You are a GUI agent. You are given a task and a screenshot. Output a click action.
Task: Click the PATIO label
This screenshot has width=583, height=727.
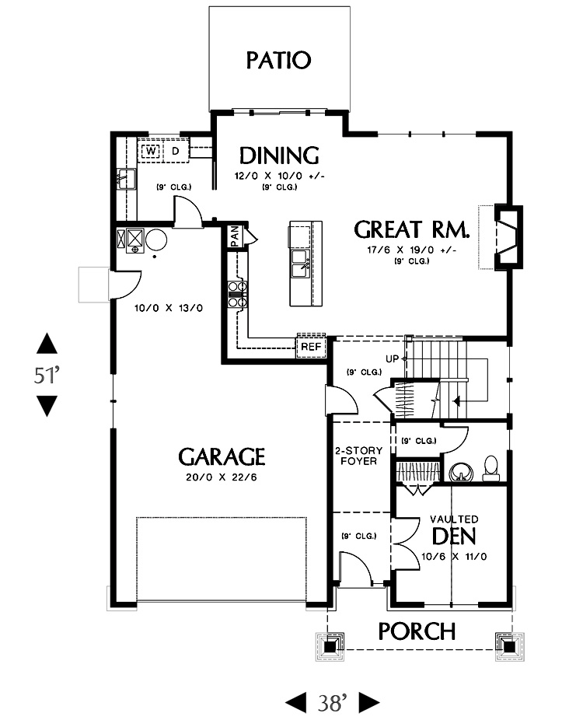point(278,61)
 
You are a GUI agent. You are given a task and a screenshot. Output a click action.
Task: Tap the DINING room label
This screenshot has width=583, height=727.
point(279,156)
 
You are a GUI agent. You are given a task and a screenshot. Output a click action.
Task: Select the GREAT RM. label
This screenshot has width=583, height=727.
point(411,229)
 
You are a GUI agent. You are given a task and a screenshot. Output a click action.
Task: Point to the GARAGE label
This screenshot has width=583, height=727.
point(222,456)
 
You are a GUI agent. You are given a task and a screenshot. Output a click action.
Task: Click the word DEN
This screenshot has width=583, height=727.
point(454,537)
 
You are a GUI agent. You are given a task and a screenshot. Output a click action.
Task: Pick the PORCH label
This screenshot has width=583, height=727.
point(417,631)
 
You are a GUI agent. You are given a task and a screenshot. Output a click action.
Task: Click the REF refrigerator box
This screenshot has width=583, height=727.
point(311,346)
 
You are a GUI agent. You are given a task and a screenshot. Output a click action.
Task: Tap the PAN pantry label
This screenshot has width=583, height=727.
point(235,236)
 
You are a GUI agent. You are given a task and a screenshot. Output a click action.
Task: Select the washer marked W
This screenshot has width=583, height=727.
point(151,151)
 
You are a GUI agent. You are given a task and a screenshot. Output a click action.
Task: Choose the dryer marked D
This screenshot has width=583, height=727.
point(176,151)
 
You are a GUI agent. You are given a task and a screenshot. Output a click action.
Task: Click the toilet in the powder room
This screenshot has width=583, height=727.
point(490,468)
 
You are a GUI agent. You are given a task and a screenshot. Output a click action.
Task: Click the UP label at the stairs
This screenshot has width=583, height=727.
point(392,359)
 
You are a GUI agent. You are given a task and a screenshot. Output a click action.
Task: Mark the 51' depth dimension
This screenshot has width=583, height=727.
point(47,375)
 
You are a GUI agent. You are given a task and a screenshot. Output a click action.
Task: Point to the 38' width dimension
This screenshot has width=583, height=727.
point(332,703)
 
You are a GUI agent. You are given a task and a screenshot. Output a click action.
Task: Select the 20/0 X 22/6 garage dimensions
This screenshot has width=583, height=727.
point(222,477)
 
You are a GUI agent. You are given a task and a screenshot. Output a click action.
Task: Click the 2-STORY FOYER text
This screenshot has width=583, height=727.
point(358,456)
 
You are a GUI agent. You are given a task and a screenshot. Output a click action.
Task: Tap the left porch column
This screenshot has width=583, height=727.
point(330,646)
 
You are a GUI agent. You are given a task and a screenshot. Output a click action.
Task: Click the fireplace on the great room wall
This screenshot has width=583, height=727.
point(508,237)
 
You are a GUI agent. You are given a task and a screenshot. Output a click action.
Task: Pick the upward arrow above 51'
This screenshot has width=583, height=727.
point(47,344)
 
